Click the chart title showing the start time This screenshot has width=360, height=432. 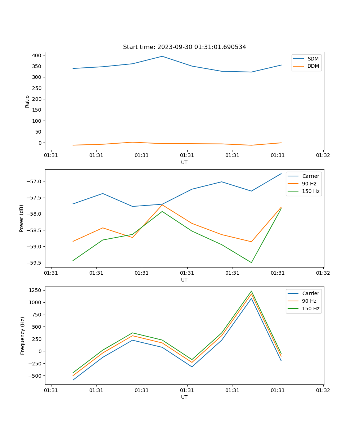[x=184, y=47]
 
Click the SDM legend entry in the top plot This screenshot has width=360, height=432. [x=313, y=59]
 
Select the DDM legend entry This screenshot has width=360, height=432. [x=313, y=66]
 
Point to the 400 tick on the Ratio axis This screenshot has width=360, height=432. [x=37, y=55]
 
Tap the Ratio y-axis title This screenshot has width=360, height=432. [x=27, y=101]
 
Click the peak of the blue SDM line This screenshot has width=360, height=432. [x=162, y=56]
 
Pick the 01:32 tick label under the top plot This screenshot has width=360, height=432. [x=323, y=156]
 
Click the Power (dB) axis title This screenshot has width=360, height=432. [x=22, y=218]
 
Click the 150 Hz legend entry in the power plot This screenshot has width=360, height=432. [x=311, y=191]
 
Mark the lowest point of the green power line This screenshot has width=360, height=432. [x=251, y=262]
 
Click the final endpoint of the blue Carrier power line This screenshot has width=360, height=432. [x=281, y=174]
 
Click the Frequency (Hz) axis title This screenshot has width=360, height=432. [x=23, y=336]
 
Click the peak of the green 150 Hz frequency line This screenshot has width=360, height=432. [x=251, y=291]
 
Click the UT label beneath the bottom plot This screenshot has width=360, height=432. [x=184, y=397]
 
